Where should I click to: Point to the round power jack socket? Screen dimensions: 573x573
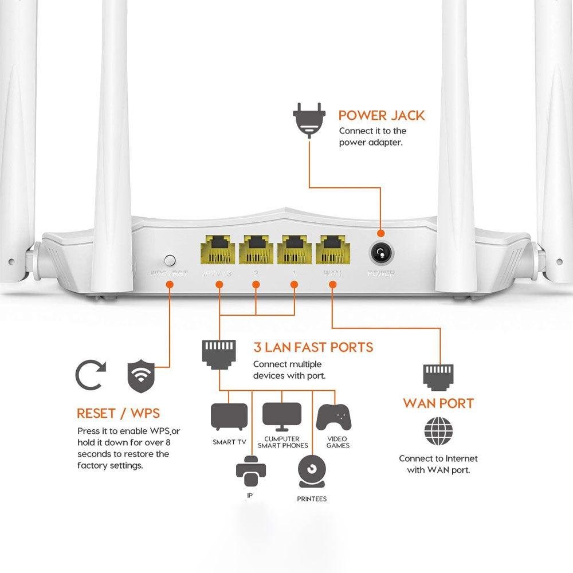tap(380, 252)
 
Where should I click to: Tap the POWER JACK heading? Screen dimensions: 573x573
tap(382, 115)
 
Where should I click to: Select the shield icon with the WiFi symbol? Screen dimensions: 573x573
tap(141, 376)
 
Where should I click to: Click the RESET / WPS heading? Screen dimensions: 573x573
tap(118, 413)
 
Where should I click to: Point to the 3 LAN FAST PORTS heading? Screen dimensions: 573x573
tap(313, 347)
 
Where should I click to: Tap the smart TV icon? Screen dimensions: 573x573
tap(229, 417)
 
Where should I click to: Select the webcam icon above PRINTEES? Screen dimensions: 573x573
tap(312, 470)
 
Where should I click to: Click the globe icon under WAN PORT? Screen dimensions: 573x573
tap(438, 431)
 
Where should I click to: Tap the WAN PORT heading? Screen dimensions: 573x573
tap(438, 403)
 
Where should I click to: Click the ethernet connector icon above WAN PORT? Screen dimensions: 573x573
tap(438, 375)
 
